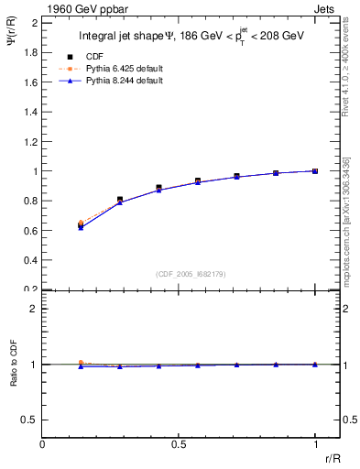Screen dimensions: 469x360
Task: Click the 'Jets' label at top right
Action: pos(326,9)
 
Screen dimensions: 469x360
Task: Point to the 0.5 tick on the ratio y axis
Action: pos(31,420)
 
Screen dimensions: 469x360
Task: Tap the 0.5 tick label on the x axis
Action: pos(179,444)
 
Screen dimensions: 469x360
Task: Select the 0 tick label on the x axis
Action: pos(43,444)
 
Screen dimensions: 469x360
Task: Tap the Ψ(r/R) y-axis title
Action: pos(12,46)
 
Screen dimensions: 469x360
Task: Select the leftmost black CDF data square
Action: pos(81,224)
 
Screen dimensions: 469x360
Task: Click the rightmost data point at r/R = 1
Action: pos(315,171)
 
